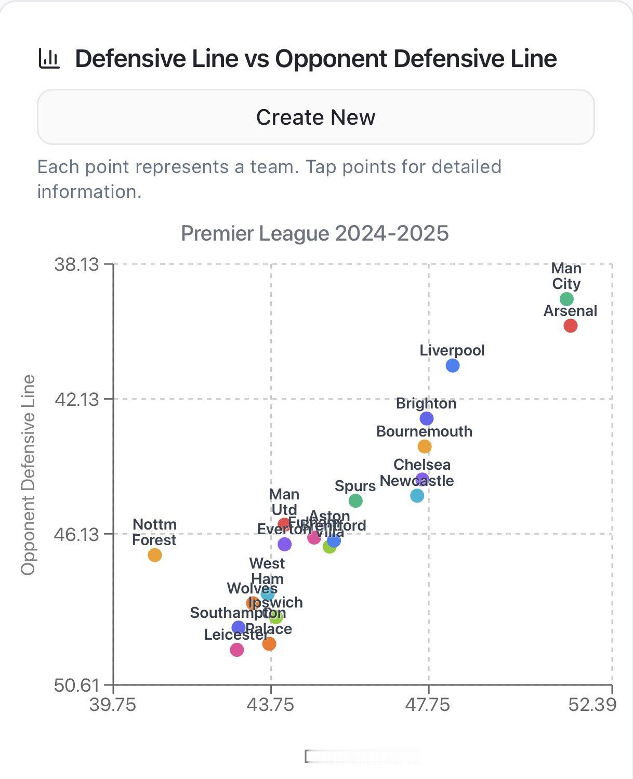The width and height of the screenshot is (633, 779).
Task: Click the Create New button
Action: tap(315, 117)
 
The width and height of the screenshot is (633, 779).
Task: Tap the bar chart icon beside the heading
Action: tap(49, 58)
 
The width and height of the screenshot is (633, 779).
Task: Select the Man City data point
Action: tap(566, 299)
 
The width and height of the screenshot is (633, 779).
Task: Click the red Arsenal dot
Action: tap(570, 326)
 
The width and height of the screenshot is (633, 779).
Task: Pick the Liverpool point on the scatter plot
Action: tap(452, 366)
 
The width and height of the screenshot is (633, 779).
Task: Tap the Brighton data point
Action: tap(426, 418)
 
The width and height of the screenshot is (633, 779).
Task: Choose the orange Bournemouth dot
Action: tap(424, 446)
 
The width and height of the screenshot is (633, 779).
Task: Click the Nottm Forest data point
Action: tap(154, 555)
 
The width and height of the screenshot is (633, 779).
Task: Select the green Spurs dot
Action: tap(355, 501)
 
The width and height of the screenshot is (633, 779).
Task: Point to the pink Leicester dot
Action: tap(236, 650)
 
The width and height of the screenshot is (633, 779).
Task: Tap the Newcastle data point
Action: tap(417, 496)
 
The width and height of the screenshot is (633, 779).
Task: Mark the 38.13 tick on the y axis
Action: tap(76, 265)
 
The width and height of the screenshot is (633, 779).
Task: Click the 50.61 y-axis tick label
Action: tap(76, 685)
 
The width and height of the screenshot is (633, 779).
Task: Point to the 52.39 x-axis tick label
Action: tap(592, 705)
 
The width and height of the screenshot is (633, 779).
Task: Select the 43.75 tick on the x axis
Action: tap(270, 705)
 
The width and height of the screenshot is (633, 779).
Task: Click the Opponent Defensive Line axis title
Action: tap(28, 475)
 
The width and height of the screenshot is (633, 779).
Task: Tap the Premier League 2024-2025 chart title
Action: tap(314, 233)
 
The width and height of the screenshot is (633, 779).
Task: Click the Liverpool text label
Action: tap(452, 350)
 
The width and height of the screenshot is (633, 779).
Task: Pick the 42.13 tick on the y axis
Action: tap(76, 399)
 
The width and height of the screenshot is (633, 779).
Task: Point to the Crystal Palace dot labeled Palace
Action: tap(269, 644)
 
